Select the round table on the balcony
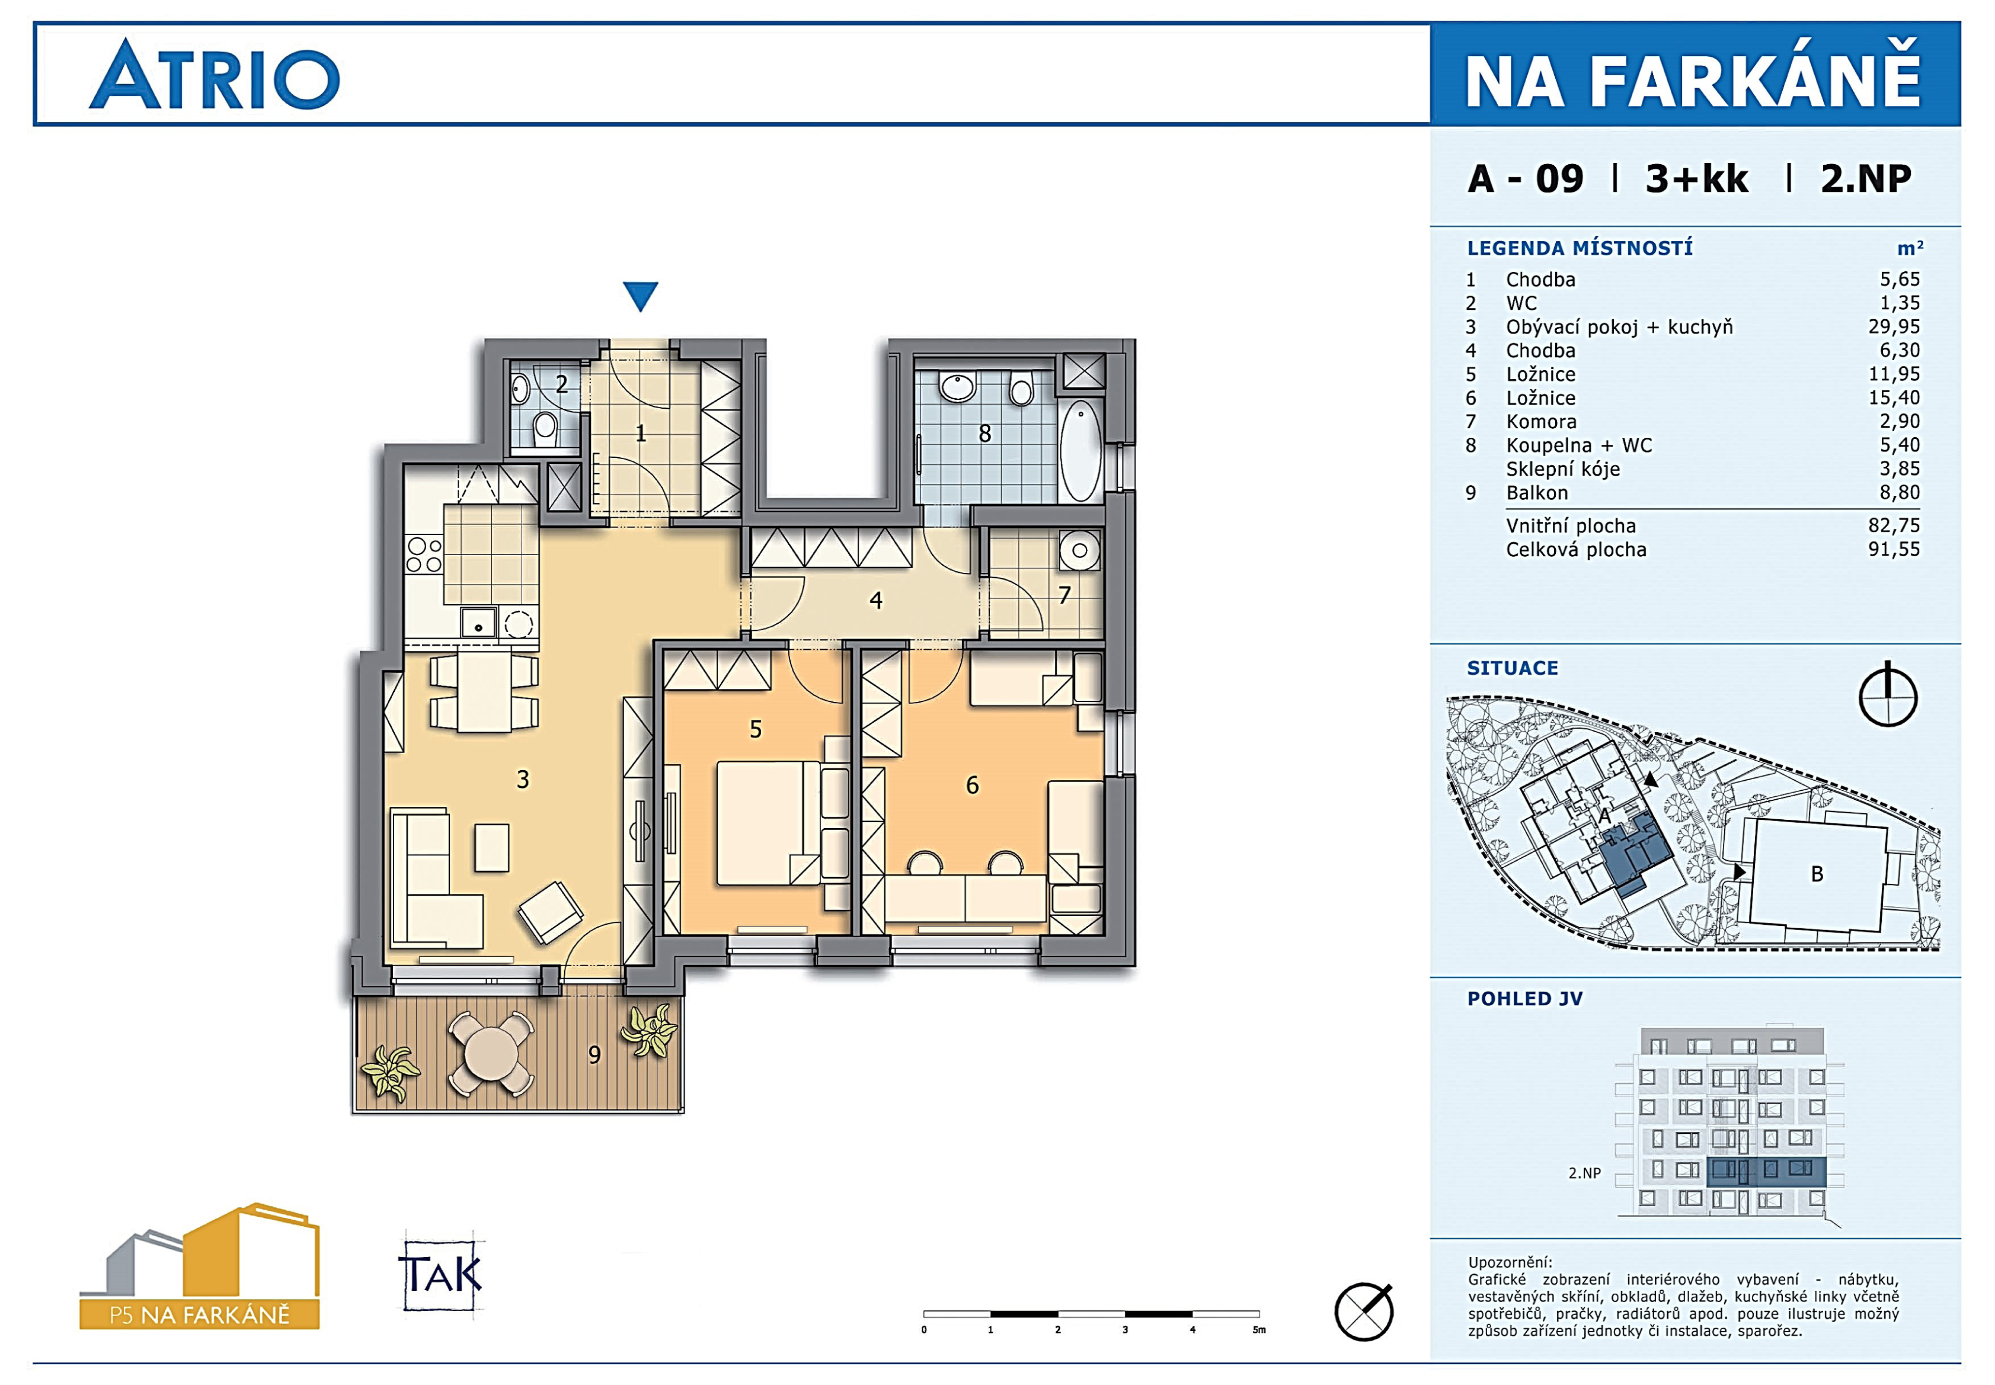tap(491, 1053)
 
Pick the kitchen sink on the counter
tap(478, 623)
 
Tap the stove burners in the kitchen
tap(424, 556)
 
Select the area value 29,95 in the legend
tap(1894, 327)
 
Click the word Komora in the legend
tap(1541, 422)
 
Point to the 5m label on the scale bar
tap(1259, 1329)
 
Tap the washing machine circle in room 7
tap(1079, 550)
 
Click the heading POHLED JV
tap(1524, 999)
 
